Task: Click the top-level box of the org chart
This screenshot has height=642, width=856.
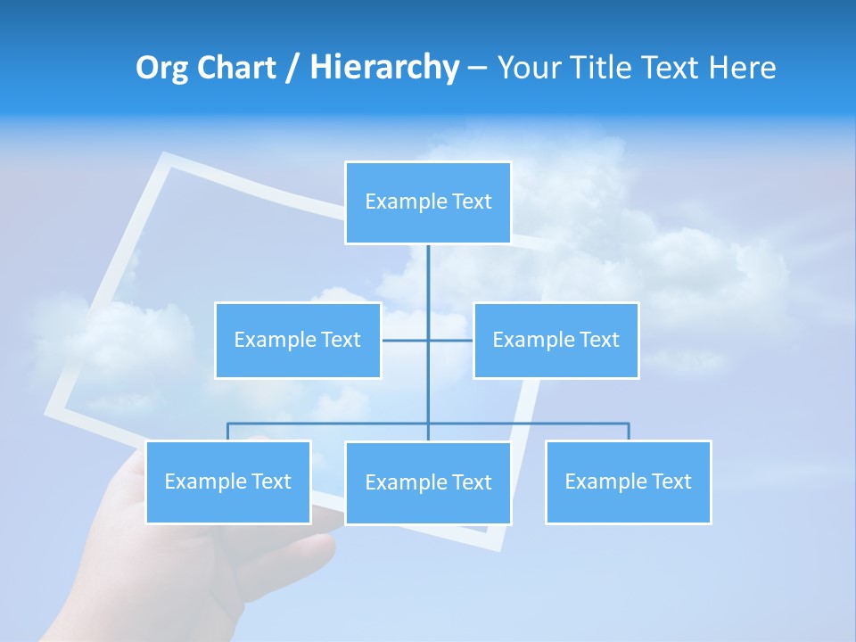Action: click(428, 202)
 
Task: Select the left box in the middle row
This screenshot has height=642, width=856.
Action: click(298, 340)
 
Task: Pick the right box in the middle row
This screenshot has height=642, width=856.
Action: click(556, 340)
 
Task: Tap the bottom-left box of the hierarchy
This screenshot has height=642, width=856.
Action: click(228, 481)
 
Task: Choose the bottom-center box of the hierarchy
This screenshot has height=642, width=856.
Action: click(428, 482)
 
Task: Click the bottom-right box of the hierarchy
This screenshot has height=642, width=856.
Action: click(628, 481)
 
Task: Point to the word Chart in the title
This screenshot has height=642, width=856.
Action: click(234, 68)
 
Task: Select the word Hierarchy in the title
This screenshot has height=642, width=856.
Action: click(384, 68)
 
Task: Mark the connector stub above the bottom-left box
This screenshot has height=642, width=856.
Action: click(228, 432)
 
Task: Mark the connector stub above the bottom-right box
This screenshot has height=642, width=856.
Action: click(628, 432)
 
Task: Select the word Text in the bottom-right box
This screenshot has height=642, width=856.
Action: click(671, 481)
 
